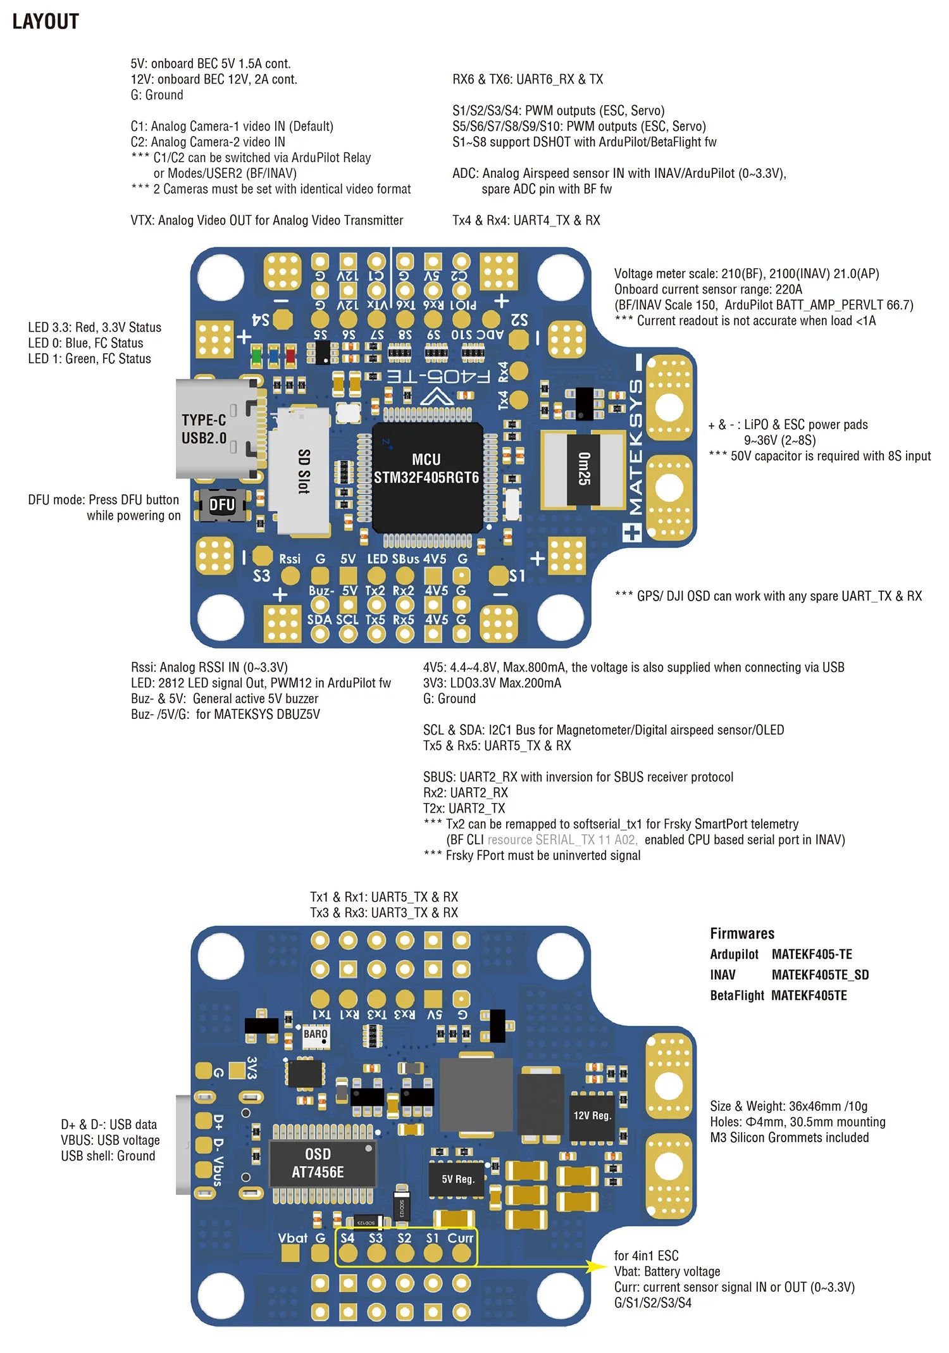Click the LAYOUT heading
(x=46, y=22)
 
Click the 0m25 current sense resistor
(x=583, y=469)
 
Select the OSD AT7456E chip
(x=318, y=1163)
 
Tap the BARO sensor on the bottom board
(x=315, y=1034)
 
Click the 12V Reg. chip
(x=592, y=1116)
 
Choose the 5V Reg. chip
(x=457, y=1179)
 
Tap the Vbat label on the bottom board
(x=292, y=1238)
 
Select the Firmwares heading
(x=741, y=933)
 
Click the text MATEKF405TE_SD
(x=820, y=975)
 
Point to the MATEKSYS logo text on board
(x=635, y=446)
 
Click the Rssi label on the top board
(x=290, y=559)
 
